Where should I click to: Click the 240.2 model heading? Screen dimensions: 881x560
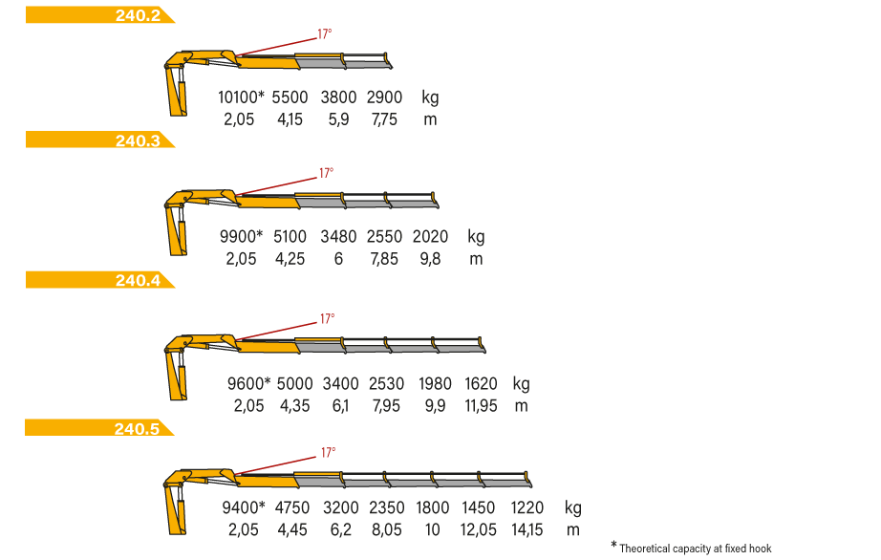point(138,15)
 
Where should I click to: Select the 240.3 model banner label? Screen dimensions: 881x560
point(138,140)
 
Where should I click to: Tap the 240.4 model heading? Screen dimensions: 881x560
point(138,280)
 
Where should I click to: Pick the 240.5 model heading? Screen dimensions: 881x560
point(137,428)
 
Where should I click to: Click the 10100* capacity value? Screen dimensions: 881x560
point(241,97)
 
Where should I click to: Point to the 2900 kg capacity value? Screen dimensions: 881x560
point(384,97)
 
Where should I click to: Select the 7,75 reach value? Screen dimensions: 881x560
point(384,119)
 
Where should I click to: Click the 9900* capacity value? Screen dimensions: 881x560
point(241,236)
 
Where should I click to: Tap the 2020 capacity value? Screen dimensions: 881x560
point(430,236)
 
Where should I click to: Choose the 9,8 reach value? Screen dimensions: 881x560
point(430,259)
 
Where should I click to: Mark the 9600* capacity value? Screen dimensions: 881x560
point(248,383)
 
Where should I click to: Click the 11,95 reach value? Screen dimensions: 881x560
point(481,406)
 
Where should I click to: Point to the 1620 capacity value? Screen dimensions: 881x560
point(481,383)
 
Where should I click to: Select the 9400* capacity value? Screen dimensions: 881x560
point(244,507)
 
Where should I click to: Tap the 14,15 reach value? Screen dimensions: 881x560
point(527,530)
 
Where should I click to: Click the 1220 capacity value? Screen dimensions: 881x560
point(527,507)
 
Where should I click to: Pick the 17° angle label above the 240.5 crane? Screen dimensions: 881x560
point(328,452)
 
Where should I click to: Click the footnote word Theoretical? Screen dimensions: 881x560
point(645,549)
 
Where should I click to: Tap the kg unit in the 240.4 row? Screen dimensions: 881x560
point(521,384)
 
